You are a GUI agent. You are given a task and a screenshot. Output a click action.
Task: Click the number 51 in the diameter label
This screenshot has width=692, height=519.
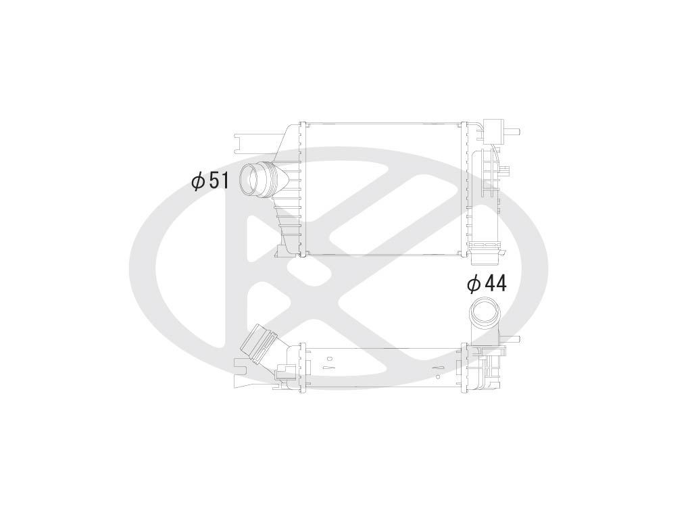point(218,181)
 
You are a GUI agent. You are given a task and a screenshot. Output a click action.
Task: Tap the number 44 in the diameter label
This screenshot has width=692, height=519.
point(495,284)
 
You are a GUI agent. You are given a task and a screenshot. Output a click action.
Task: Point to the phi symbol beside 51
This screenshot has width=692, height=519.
point(198,181)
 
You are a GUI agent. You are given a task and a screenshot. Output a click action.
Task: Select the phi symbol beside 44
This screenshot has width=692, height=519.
point(474,284)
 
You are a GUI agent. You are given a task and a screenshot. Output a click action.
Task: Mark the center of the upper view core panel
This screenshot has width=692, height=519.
point(382,189)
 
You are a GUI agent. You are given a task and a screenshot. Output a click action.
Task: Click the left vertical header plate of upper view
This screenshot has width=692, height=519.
point(302,189)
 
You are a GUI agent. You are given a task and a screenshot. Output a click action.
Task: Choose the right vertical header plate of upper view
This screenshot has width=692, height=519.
point(464,189)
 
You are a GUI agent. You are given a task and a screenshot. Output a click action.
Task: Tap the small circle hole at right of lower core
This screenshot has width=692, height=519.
point(439,370)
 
